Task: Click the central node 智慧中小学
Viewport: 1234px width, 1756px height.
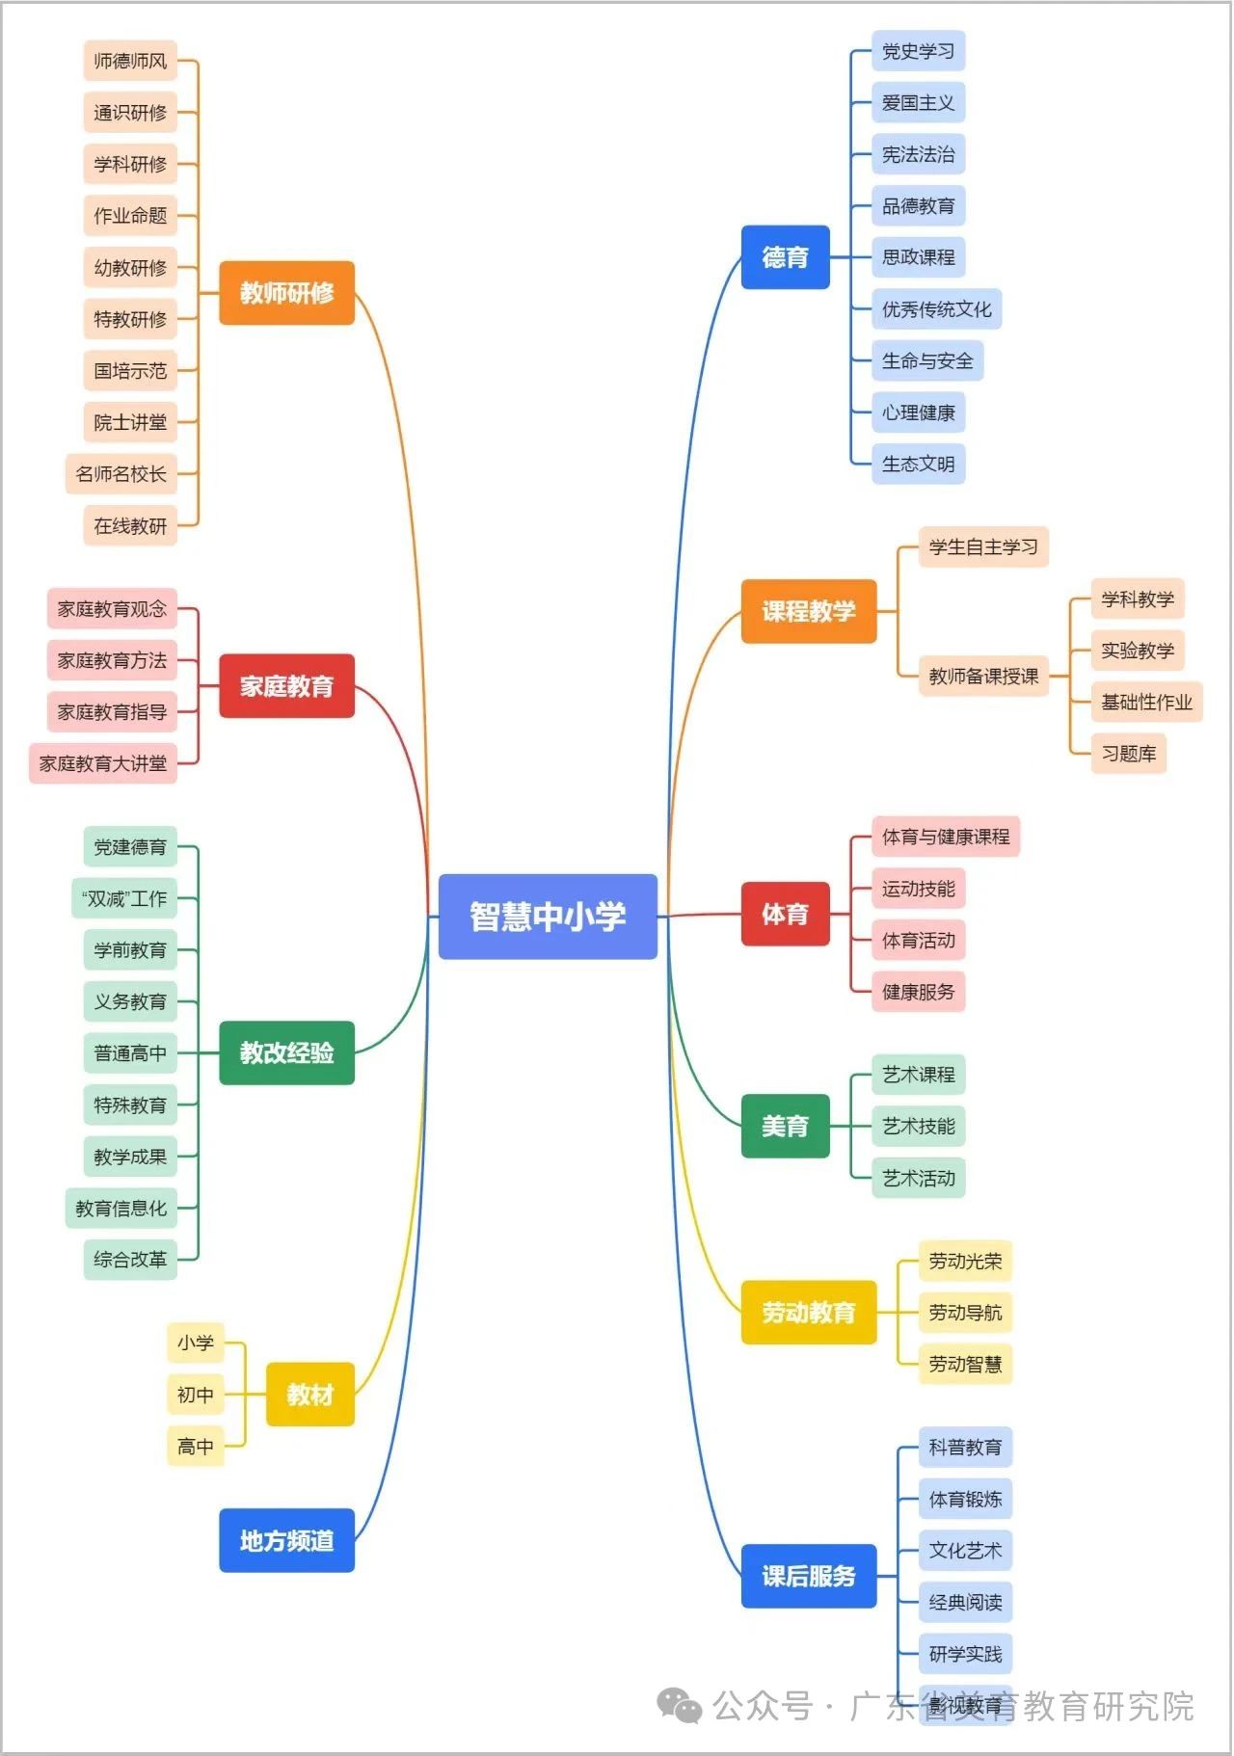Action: pyautogui.click(x=548, y=917)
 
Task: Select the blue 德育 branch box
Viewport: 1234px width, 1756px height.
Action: pyautogui.click(x=785, y=257)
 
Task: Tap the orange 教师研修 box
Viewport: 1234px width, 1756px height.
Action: pyautogui.click(x=286, y=293)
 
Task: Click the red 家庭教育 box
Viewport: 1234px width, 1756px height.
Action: pyautogui.click(x=286, y=686)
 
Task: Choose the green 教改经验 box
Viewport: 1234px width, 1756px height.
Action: pyautogui.click(x=286, y=1052)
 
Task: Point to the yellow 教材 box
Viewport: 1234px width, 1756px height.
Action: pyautogui.click(x=309, y=1395)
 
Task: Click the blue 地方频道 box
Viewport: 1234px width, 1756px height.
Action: pyautogui.click(x=286, y=1540)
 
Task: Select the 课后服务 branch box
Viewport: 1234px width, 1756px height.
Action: pyautogui.click(x=808, y=1576)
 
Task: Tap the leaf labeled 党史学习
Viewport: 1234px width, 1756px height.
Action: pyautogui.click(x=918, y=51)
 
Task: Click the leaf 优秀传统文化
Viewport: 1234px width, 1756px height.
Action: pyautogui.click(x=936, y=309)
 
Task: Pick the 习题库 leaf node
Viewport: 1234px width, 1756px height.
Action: pyautogui.click(x=1128, y=754)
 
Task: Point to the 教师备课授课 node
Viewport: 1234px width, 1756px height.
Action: pyautogui.click(x=982, y=676)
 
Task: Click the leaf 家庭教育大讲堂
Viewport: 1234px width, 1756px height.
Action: pyautogui.click(x=103, y=763)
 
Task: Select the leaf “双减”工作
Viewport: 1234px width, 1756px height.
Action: pyautogui.click(x=124, y=898)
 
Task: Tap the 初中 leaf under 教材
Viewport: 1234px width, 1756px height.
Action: pyautogui.click(x=196, y=1395)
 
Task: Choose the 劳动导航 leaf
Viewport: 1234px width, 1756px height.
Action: pyautogui.click(x=964, y=1313)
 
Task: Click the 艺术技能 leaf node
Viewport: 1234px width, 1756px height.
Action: pyautogui.click(x=918, y=1126)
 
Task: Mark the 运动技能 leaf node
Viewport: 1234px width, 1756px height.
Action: pyautogui.click(x=918, y=889)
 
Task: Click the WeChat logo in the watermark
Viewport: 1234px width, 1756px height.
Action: pyautogui.click(x=679, y=1706)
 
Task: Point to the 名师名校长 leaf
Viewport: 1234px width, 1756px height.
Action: pyautogui.click(x=121, y=474)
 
